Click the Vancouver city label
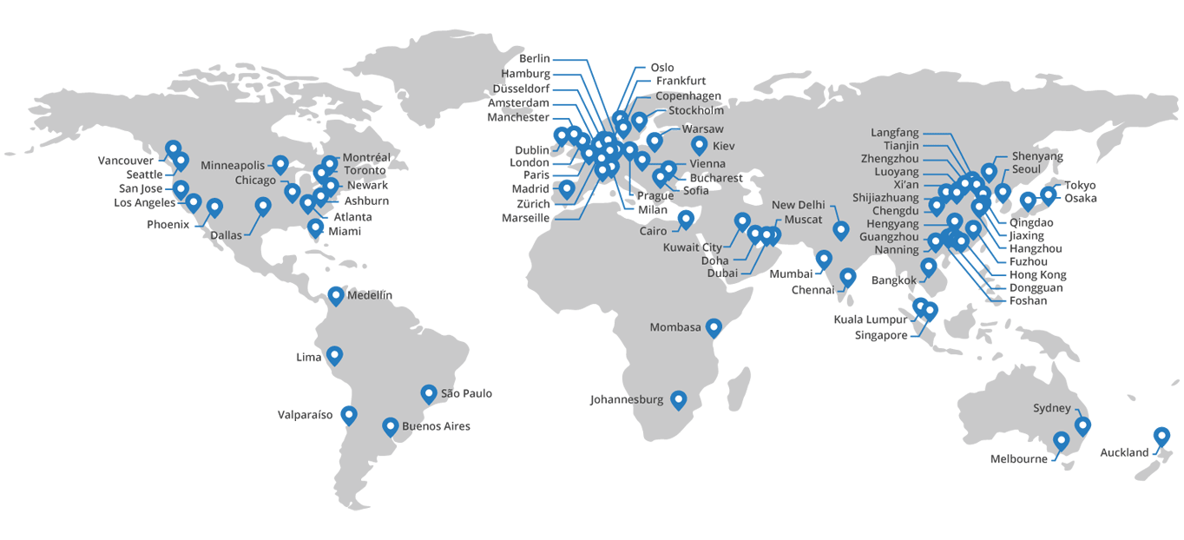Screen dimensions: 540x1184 point(126,161)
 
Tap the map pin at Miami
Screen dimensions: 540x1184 point(315,228)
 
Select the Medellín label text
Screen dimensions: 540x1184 point(369,295)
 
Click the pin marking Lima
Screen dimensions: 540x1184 point(334,355)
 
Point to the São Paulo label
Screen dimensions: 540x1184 point(466,393)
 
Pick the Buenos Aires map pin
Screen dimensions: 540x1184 point(391,426)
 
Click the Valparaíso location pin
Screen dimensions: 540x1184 point(349,414)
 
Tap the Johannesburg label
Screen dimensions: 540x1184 point(626,400)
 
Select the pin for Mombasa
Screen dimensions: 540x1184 point(714,326)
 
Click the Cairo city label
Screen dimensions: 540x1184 point(654,231)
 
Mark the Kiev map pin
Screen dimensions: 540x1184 point(699,145)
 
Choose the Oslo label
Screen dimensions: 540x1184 point(661,67)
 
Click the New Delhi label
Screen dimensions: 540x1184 point(796,205)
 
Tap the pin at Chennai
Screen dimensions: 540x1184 point(848,277)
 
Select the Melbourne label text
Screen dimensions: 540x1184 point(1018,459)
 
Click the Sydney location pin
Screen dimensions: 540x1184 point(1082,425)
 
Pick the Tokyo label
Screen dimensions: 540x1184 point(1081,185)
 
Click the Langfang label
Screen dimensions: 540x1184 point(894,132)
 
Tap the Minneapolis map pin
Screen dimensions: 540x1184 point(280,163)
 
